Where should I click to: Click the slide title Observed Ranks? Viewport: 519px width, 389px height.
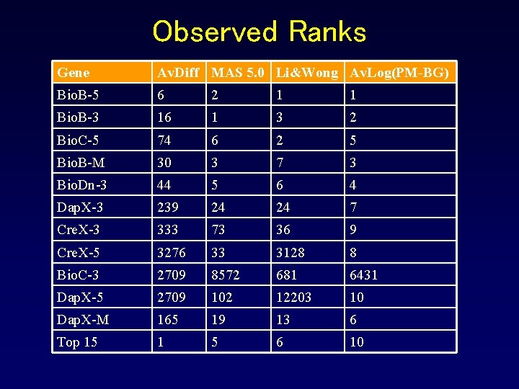coord(259,32)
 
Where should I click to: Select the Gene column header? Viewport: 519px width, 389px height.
coord(74,72)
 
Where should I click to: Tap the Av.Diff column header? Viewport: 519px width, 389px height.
coord(179,72)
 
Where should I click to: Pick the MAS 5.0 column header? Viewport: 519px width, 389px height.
coord(239,72)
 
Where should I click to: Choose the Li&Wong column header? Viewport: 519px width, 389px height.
coord(306,72)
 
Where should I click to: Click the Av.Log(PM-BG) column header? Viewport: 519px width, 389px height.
coord(399,72)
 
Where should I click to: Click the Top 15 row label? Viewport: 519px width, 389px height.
coord(77,342)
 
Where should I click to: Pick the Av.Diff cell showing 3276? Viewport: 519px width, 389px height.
coord(172,252)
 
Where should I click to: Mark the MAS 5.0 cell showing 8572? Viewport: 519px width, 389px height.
coord(225,274)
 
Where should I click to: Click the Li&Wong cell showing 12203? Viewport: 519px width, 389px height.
coord(295,297)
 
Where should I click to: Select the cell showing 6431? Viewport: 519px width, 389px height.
coord(363,274)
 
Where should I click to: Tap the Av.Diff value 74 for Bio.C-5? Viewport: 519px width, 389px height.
coord(165,140)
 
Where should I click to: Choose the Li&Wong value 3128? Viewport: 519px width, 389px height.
coord(290,252)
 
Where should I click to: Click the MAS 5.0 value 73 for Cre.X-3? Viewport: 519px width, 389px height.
coord(218,230)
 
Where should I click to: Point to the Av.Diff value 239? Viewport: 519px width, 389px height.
coord(168,207)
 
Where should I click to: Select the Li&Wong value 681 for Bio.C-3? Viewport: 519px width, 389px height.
coord(287,274)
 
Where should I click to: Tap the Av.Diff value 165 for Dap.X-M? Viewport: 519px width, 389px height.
coord(168,319)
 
